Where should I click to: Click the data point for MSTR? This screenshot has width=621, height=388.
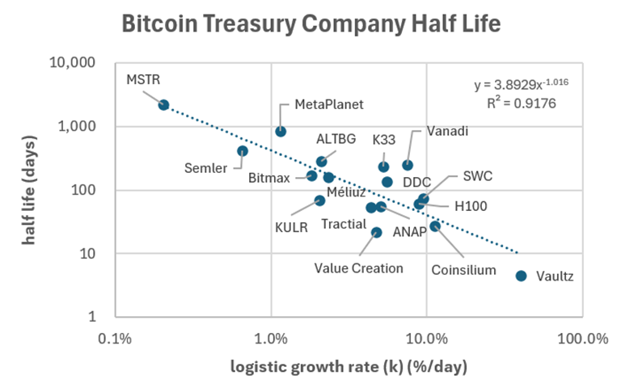click(163, 105)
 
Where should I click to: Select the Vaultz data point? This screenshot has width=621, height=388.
click(521, 276)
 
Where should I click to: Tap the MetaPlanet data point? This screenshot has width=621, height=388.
click(281, 132)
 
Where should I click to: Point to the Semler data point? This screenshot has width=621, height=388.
click(243, 151)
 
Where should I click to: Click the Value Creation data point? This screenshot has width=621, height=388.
click(376, 233)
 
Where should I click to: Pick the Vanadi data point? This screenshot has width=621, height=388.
click(408, 166)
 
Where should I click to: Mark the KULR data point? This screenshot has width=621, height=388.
click(319, 200)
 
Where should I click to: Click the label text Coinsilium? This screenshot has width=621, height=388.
click(463, 270)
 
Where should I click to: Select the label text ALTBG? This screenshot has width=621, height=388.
click(336, 139)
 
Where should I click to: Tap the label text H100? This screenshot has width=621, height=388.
click(471, 207)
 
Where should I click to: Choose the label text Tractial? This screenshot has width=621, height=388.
click(344, 224)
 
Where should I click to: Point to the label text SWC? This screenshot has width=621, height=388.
click(478, 175)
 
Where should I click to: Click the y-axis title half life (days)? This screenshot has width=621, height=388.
click(30, 189)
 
